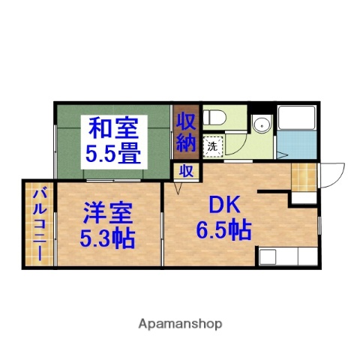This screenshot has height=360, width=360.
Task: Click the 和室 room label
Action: click(x=114, y=127)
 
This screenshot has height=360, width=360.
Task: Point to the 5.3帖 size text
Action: click(x=107, y=240)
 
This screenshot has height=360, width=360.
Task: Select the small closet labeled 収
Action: click(x=184, y=170)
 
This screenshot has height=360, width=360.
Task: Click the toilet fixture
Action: click(x=215, y=116)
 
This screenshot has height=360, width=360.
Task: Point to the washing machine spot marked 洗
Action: click(x=212, y=146)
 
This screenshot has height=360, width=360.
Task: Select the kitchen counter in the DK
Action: click(x=289, y=255)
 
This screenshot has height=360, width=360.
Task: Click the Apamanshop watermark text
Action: click(x=180, y=324)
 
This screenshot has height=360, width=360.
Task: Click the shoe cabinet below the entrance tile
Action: click(x=303, y=196)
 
